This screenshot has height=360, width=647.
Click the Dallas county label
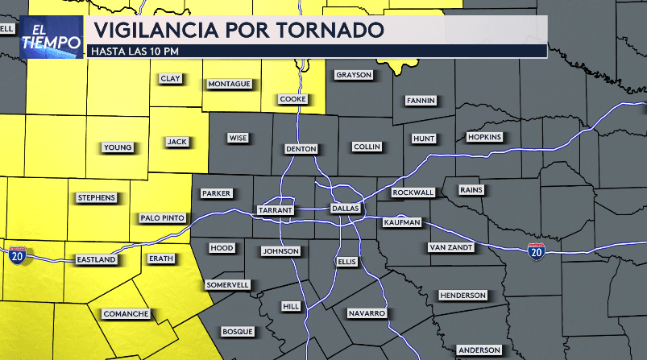(345, 209)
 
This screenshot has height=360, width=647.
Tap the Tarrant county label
(274, 209)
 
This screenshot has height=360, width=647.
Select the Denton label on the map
(301, 149)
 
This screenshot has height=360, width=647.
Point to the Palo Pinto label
(163, 217)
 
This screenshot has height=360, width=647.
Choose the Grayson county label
(354, 75)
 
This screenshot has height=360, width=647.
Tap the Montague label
(230, 84)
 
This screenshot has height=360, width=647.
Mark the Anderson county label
(479, 350)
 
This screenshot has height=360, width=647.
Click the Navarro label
(367, 312)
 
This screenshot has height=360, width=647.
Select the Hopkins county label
(484, 137)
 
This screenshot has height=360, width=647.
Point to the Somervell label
(227, 284)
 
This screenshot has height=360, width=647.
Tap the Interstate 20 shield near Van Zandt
(536, 252)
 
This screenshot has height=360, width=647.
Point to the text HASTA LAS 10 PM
(134, 51)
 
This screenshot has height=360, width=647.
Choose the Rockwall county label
(413, 192)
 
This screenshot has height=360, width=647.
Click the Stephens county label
(97, 197)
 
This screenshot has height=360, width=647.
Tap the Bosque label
(238, 331)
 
